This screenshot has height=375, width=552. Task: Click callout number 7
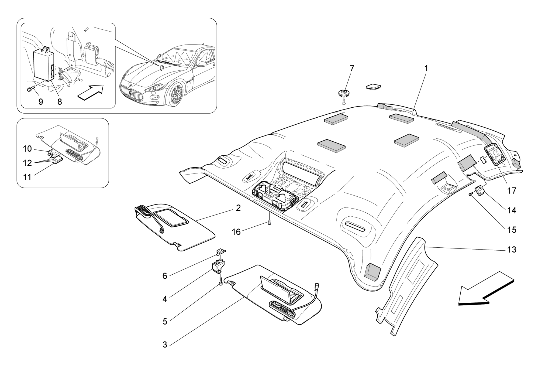(352, 69)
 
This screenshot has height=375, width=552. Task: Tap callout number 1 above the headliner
(426, 69)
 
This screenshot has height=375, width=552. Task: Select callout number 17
(512, 191)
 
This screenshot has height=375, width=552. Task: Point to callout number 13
(512, 250)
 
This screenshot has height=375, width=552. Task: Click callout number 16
(236, 232)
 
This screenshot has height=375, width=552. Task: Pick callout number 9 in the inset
(41, 102)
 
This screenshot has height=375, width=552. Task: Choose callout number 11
(27, 177)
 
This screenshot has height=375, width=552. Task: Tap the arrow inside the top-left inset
(91, 92)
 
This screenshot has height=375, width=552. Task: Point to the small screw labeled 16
(270, 223)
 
